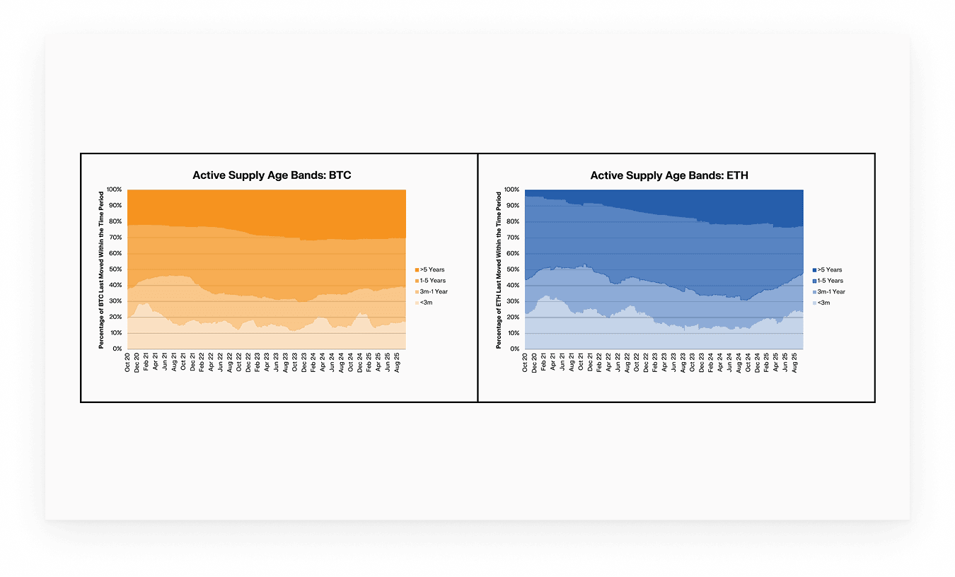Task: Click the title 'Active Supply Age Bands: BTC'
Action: tap(272, 175)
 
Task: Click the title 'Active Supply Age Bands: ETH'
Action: tap(669, 175)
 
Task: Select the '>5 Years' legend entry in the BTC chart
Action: tap(432, 269)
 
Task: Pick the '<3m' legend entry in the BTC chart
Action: tap(427, 303)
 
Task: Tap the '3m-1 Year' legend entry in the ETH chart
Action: tap(831, 291)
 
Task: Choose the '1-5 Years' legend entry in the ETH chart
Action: tap(830, 281)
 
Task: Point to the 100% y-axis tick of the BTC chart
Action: tap(115, 190)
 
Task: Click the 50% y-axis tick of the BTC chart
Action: tap(116, 269)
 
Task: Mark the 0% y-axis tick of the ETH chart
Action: tap(516, 349)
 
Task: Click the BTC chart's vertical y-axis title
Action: tap(102, 269)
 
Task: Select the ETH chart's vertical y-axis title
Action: tap(499, 269)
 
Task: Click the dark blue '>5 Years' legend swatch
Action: tap(814, 269)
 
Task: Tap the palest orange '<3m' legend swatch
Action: tap(417, 303)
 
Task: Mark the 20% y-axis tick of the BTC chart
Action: tap(116, 317)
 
